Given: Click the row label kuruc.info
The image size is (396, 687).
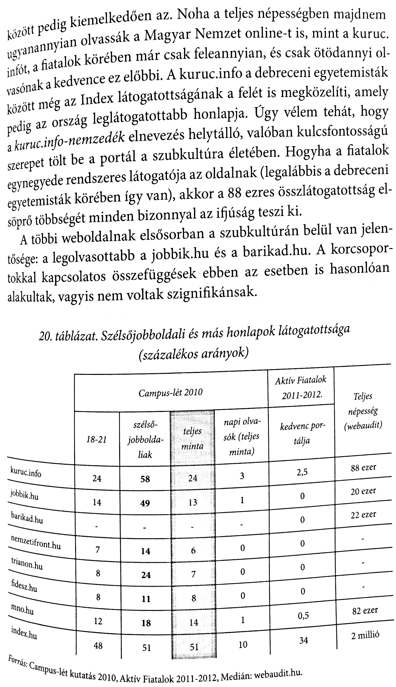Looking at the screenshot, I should tap(26, 473).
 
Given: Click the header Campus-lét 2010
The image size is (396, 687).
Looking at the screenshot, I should tap(170, 393).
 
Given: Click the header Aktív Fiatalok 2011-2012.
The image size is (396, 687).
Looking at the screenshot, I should tap(301, 387).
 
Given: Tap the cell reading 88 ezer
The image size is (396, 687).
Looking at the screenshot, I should tap(363, 468).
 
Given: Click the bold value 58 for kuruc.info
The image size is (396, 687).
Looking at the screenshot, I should tap(145, 479).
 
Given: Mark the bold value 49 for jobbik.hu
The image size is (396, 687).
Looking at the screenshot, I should tap(145, 503).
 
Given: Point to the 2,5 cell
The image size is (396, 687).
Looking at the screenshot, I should tap(302, 472).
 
